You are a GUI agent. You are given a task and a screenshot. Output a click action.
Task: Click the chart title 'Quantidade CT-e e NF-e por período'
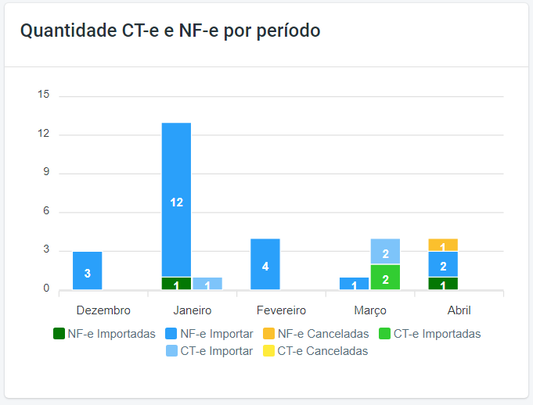[170, 31]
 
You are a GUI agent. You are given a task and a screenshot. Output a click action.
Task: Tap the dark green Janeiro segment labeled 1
[176, 284]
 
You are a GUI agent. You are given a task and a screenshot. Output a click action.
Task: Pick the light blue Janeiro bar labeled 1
[207, 284]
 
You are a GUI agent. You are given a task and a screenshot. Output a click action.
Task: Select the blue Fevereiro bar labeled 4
[265, 264]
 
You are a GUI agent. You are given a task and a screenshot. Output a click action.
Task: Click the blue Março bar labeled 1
[354, 284]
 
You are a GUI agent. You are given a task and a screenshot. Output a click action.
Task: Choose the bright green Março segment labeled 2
[385, 278]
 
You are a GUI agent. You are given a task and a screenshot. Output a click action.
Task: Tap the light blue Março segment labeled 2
[385, 252]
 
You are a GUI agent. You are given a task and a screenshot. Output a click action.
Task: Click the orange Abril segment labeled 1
[443, 246]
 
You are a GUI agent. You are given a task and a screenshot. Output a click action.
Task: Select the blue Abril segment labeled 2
[443, 264]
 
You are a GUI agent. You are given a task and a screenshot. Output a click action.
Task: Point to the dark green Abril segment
[443, 284]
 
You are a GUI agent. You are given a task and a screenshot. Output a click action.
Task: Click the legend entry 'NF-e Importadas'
[104, 334]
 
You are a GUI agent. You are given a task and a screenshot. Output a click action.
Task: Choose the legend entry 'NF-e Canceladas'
[315, 334]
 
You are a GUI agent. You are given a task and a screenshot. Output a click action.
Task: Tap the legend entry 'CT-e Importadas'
[429, 334]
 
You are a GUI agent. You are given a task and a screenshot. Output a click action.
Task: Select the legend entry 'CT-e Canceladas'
[315, 351]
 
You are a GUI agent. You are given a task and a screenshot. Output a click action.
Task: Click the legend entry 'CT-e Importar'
[209, 351]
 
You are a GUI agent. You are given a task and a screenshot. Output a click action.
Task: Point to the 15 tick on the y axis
[44, 95]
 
